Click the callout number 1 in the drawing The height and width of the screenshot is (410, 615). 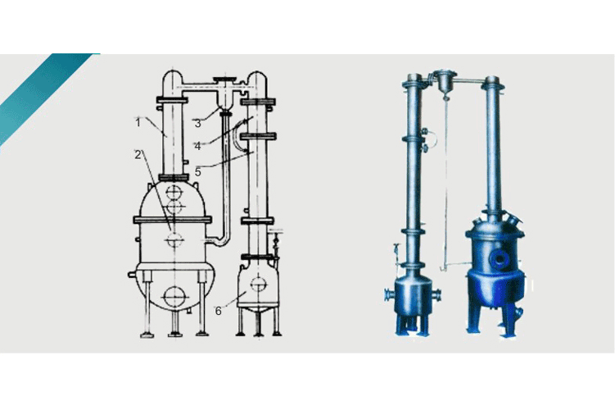click(138, 123)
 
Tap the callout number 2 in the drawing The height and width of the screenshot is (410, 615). click(138, 155)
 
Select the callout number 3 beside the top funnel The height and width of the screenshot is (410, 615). click(197, 123)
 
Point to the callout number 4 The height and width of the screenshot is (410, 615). click(197, 146)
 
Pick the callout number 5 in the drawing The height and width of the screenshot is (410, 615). click(198, 171)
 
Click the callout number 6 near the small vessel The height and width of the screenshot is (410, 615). click(219, 311)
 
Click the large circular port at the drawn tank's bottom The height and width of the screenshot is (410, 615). click(174, 297)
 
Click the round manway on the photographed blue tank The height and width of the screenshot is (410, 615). click(500, 258)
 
